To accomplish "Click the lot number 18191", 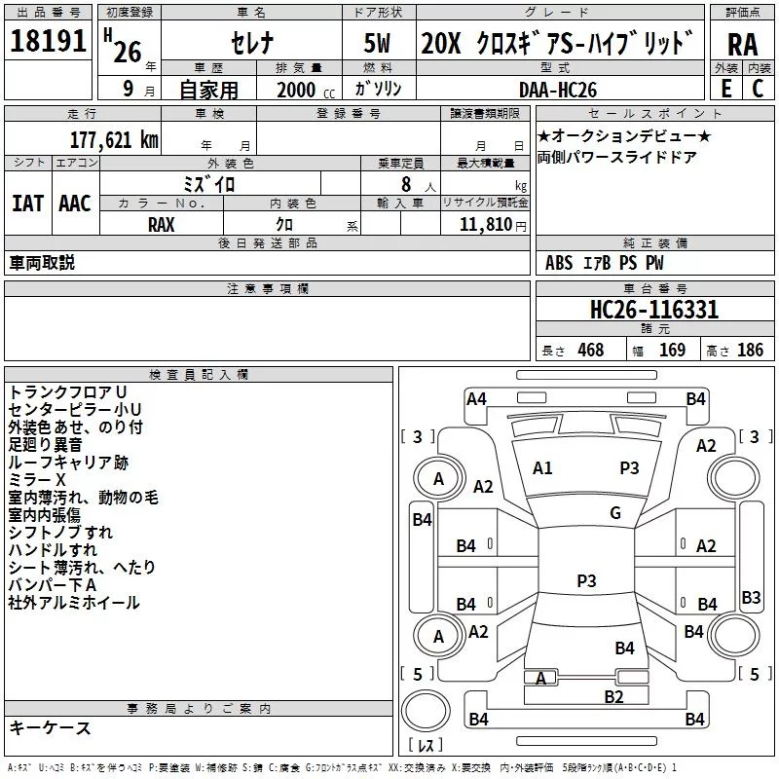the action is click(x=48, y=41).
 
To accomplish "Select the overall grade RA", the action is click(x=742, y=45).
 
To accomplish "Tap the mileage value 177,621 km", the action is click(x=114, y=139).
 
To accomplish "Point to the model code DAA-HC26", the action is click(x=557, y=90).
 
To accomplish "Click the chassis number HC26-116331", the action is click(x=653, y=310).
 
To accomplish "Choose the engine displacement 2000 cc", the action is click(x=306, y=90).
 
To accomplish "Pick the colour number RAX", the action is click(x=161, y=225).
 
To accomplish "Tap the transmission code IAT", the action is click(x=27, y=204).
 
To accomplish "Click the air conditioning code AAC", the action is click(x=75, y=204).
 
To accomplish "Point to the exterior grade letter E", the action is click(x=725, y=89).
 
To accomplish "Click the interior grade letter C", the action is click(x=758, y=89).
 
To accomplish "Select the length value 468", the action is click(x=591, y=350).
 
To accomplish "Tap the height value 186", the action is click(x=750, y=350).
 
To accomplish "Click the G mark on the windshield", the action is click(x=615, y=512).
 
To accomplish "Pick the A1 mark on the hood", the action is click(x=542, y=468).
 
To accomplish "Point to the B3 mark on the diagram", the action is click(x=751, y=597).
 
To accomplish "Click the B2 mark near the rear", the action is click(x=613, y=696).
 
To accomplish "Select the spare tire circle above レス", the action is click(x=426, y=711).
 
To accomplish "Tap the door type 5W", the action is click(x=377, y=43).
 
